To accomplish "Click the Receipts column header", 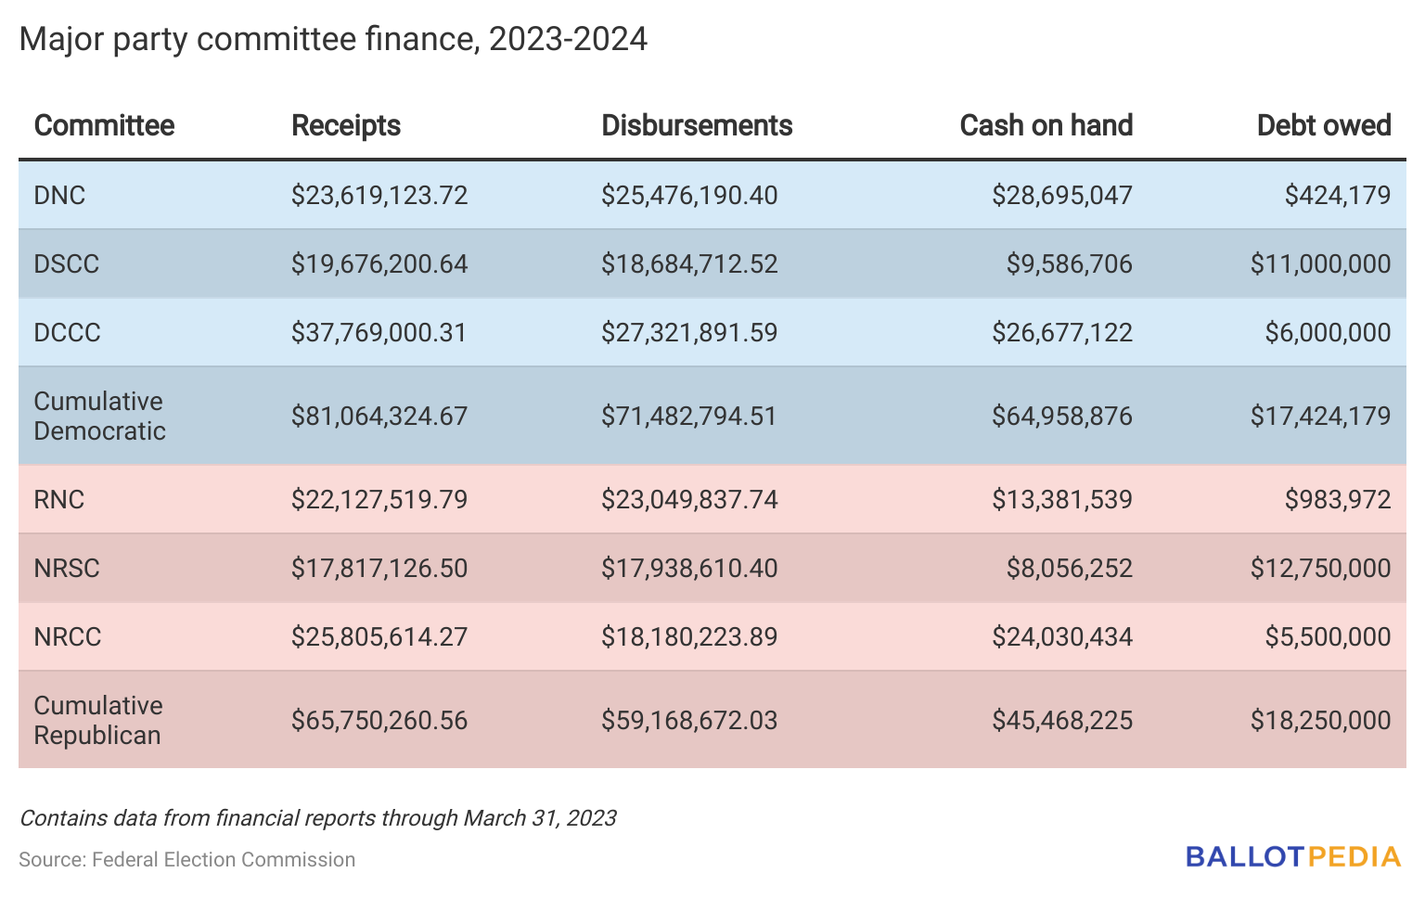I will click(345, 125).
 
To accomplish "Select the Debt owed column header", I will click(1323, 125).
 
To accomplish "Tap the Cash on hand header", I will click(1046, 125).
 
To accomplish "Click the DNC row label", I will click(59, 195).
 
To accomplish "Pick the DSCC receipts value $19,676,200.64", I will click(379, 263).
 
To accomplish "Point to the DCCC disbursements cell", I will click(688, 332).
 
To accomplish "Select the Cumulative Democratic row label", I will click(99, 416).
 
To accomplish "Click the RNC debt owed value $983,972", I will click(1337, 499).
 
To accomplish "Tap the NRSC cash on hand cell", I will click(1069, 568).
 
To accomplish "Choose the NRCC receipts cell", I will click(379, 636).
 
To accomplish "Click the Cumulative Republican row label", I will click(97, 720).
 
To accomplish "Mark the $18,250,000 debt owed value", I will click(1319, 720).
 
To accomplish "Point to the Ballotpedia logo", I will click(1292, 856).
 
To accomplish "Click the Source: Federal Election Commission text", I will click(186, 859).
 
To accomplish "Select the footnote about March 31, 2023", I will click(317, 817).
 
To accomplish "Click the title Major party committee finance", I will click(332, 39).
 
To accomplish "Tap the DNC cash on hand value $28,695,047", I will click(1061, 195).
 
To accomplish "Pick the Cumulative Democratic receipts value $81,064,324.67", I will click(379, 416).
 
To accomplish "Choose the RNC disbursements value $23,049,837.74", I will click(688, 499).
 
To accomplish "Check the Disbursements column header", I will click(696, 125).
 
